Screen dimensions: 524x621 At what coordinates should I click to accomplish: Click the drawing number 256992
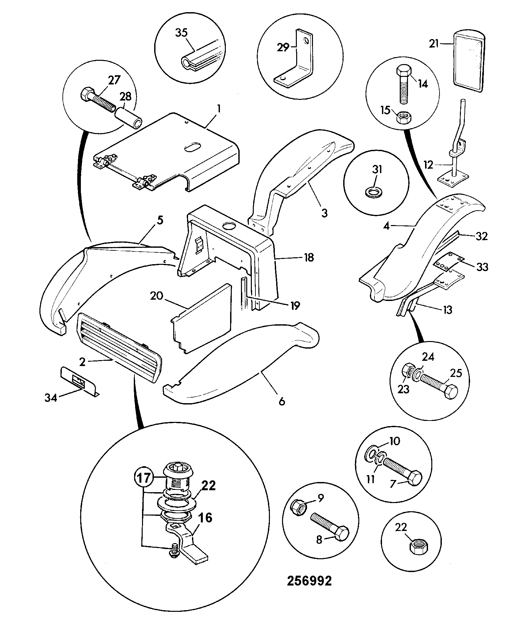point(309,581)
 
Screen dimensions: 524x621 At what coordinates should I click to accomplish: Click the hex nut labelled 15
point(404,117)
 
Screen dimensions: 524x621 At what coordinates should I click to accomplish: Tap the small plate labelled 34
point(79,380)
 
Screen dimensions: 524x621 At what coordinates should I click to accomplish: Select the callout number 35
point(181,33)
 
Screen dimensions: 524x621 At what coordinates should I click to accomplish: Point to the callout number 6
point(282,401)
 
